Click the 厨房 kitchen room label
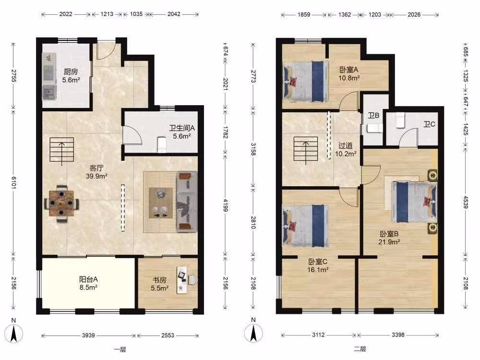coord(71,72)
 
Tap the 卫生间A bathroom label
coord(182,128)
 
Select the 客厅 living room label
coord(96,168)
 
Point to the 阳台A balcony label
coord(88,279)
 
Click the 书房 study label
coord(159,280)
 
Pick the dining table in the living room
coord(61,203)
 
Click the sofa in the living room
coord(187,201)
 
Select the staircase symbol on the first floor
coord(62,150)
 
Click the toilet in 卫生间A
coord(162,144)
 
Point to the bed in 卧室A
coord(305,82)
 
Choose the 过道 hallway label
coord(345,146)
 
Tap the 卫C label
coord(429,124)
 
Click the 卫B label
coord(373,115)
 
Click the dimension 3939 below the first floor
coord(88,336)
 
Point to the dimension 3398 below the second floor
coord(398,335)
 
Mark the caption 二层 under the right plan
coord(360,349)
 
